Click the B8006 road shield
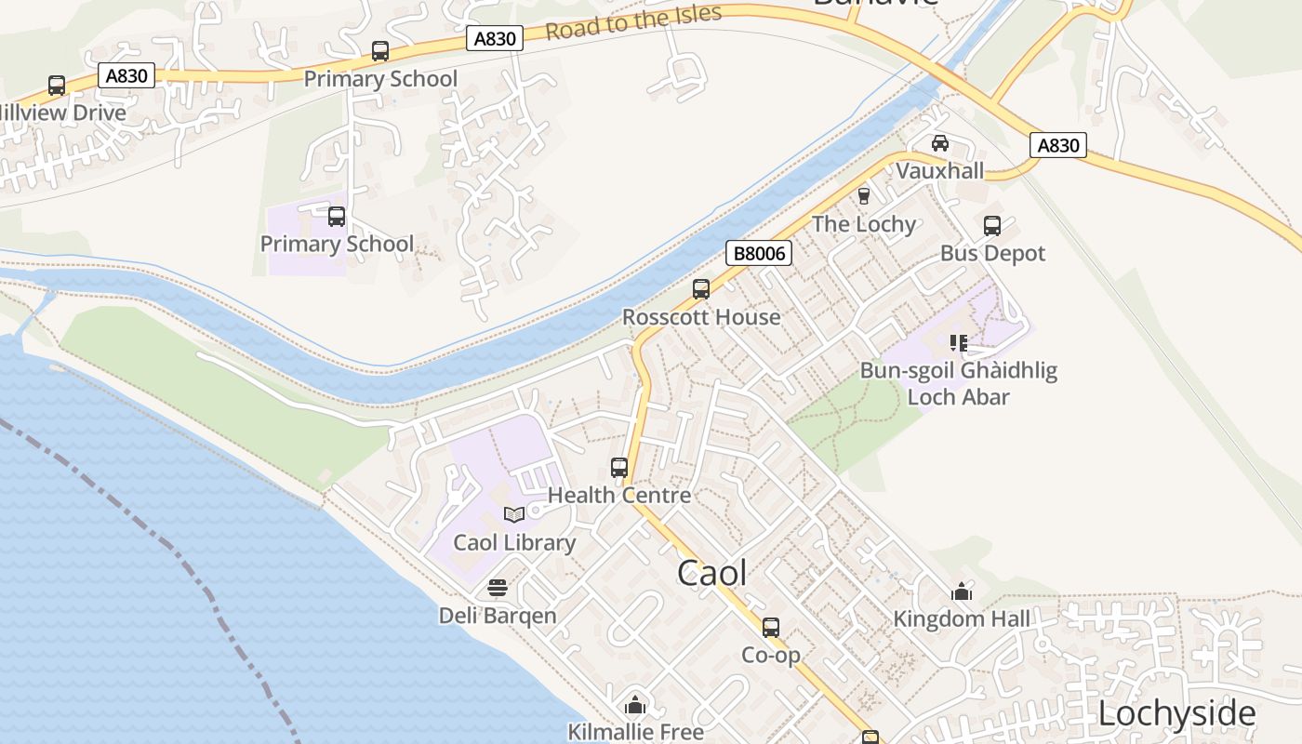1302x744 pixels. tap(758, 253)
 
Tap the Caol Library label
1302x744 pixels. tap(514, 542)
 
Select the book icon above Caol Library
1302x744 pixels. tap(514, 513)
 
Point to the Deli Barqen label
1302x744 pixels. tap(498, 616)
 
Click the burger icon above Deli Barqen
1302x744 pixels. tap(498, 588)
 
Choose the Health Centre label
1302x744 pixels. tap(619, 495)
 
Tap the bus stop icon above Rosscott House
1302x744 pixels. tap(701, 289)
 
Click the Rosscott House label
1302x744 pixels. tap(701, 317)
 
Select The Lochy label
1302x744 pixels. tap(864, 224)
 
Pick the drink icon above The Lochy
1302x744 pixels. tap(864, 196)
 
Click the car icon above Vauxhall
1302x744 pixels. tap(940, 143)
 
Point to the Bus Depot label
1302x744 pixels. tap(992, 253)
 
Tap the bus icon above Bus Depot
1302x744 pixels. tap(992, 225)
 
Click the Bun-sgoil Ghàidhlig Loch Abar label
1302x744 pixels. tap(959, 384)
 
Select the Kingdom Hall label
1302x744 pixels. tap(962, 618)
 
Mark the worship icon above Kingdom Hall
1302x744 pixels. tap(962, 591)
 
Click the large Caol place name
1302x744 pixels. tap(712, 573)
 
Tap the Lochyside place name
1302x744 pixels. tap(1176, 714)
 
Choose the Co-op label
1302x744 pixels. tap(771, 656)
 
